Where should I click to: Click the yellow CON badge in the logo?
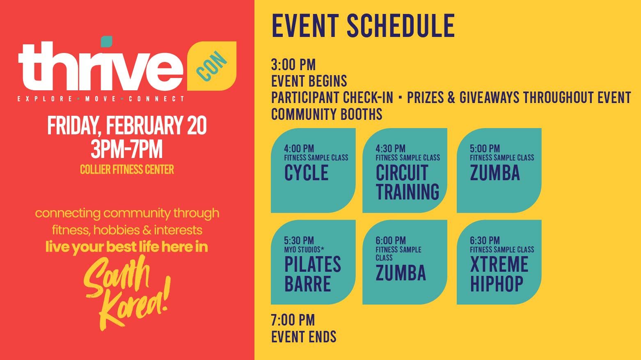pos(212,66)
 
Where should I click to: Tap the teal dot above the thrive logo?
pos(107,41)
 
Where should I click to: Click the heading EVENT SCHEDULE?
pos(363,25)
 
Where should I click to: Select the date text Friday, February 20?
pos(127,126)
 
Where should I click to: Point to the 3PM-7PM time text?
pos(127,149)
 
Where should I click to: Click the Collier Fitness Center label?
pos(127,169)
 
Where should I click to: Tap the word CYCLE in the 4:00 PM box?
pos(306,173)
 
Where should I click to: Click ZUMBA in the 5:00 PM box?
pos(495,173)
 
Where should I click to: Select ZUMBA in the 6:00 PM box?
pos(401,273)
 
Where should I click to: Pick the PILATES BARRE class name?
pos(312,274)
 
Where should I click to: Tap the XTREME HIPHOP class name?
pos(499,274)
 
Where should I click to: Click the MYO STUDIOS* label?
pos(304,250)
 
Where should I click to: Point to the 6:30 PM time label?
pos(485,241)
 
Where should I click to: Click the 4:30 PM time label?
pos(390,149)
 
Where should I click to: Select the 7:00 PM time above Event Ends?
pos(293,320)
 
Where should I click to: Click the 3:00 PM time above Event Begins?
pos(293,65)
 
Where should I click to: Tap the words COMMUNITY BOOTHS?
pos(327,114)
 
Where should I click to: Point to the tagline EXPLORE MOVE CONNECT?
pos(101,99)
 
